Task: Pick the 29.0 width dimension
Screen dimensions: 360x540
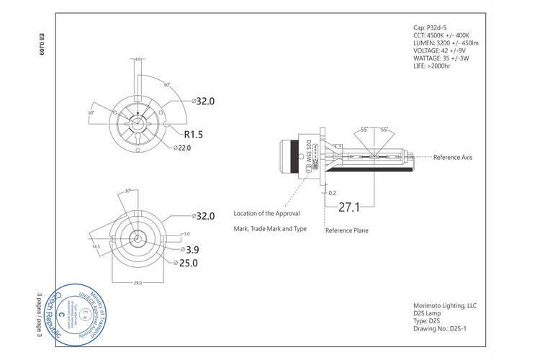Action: point(138,283)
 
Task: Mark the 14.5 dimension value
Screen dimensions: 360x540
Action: point(96,246)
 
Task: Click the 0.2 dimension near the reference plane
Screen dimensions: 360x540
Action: point(332,193)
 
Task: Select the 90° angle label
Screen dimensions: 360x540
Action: point(166,85)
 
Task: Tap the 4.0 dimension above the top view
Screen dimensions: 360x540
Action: point(138,60)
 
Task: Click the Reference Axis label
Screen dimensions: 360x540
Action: point(452,157)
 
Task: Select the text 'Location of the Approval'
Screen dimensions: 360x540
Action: point(266,214)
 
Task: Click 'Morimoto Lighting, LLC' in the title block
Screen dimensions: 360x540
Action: point(445,305)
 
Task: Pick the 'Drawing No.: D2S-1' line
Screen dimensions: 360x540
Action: point(442,328)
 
